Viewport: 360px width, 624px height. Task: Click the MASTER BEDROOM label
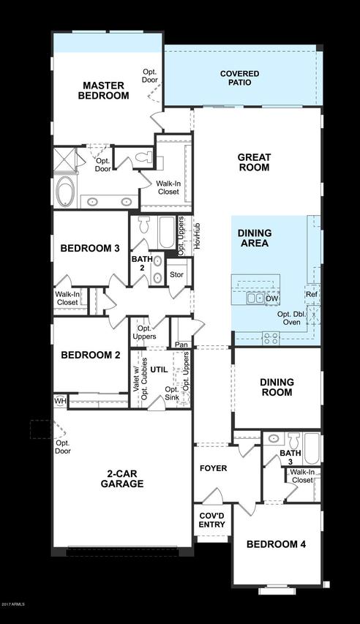pos(105,90)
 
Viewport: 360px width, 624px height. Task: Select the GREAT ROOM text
pos(254,162)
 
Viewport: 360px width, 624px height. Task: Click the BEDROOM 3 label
pos(90,249)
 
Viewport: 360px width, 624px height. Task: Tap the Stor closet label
pos(176,275)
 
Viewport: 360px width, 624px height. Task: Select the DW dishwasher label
pos(271,298)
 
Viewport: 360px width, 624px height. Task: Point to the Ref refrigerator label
pos(312,294)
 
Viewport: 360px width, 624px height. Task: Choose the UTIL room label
pos(160,370)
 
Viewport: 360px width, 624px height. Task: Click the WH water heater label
pos(59,401)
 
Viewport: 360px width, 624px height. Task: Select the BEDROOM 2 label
pos(90,356)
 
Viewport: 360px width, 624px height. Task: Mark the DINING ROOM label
pos(277,387)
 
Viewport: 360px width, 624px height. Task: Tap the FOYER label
pos(213,468)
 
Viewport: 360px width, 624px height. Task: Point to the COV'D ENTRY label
pos(211,519)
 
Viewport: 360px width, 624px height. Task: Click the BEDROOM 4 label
pos(276,544)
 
